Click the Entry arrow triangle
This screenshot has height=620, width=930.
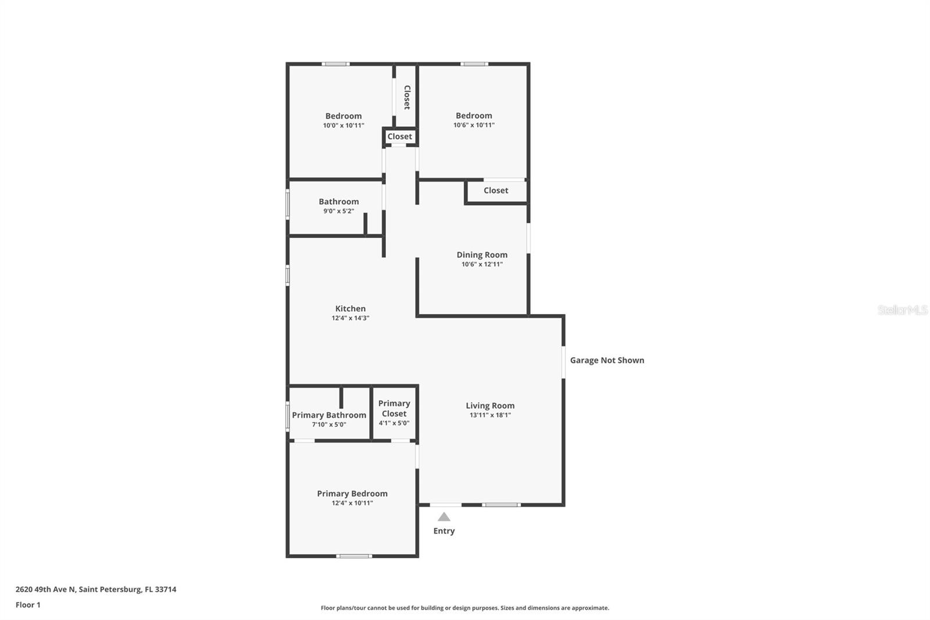tap(444, 517)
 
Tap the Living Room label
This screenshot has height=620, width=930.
tap(490, 405)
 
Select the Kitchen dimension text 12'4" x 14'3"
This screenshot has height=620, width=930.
tap(350, 318)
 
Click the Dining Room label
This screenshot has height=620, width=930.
tap(482, 255)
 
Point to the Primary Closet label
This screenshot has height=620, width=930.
tap(394, 408)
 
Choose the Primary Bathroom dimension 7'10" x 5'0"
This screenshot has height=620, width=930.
tap(329, 425)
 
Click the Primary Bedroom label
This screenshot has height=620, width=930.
tap(352, 493)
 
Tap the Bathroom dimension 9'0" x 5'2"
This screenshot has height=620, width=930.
tap(339, 211)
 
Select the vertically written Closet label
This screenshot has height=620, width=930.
tap(407, 97)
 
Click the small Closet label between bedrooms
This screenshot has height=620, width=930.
tap(400, 137)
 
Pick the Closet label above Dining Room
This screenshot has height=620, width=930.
tap(496, 190)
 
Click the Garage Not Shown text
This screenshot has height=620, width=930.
tap(607, 360)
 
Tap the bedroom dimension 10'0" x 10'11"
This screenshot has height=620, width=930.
tap(344, 126)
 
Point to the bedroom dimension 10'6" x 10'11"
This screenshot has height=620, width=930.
tap(474, 125)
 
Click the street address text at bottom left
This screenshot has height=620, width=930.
tap(96, 589)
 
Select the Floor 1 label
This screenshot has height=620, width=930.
tap(28, 605)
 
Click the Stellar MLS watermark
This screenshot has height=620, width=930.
tap(902, 310)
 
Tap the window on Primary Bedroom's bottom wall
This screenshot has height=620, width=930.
tap(354, 556)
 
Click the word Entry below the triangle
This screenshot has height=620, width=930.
tap(444, 531)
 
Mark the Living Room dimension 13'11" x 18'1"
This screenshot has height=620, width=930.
tap(490, 415)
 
